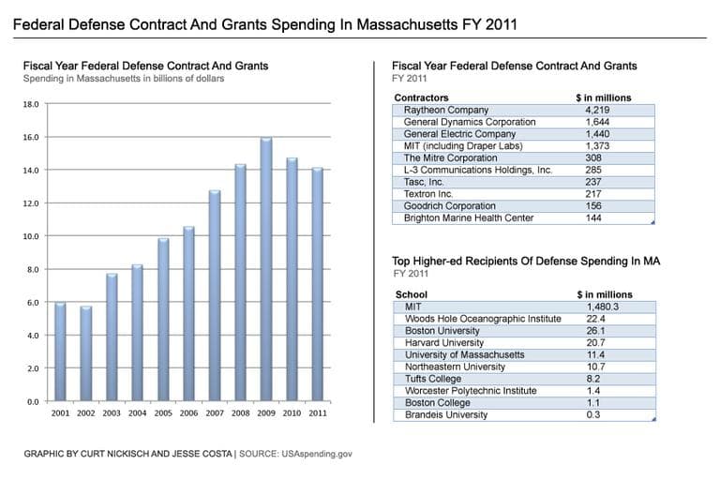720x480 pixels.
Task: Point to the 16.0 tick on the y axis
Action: click(x=30, y=137)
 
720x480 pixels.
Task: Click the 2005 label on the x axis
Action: click(x=163, y=413)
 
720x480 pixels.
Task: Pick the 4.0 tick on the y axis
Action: click(x=30, y=336)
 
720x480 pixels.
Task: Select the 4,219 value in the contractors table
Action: click(x=597, y=110)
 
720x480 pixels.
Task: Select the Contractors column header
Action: click(x=421, y=97)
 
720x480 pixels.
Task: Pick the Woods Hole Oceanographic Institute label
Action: click(x=483, y=319)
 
